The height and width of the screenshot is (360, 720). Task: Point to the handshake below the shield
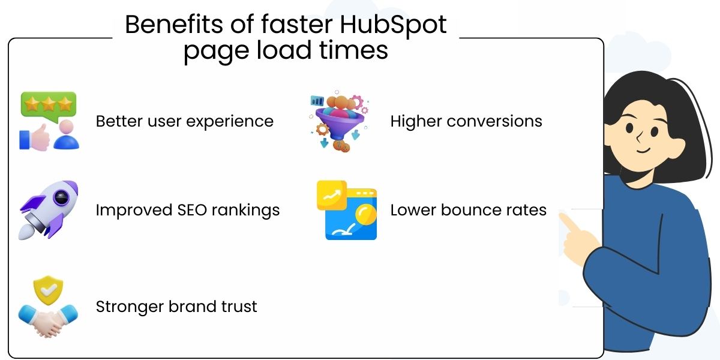coord(48,319)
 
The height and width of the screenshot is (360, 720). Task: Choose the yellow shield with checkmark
coord(49,291)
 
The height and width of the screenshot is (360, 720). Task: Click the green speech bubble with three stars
coord(48,104)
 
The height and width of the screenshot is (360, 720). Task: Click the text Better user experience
coord(184,121)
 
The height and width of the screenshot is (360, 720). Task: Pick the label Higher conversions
coord(466,121)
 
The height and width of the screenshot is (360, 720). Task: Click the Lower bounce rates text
coord(468,211)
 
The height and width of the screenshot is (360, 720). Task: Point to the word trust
coord(237,307)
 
